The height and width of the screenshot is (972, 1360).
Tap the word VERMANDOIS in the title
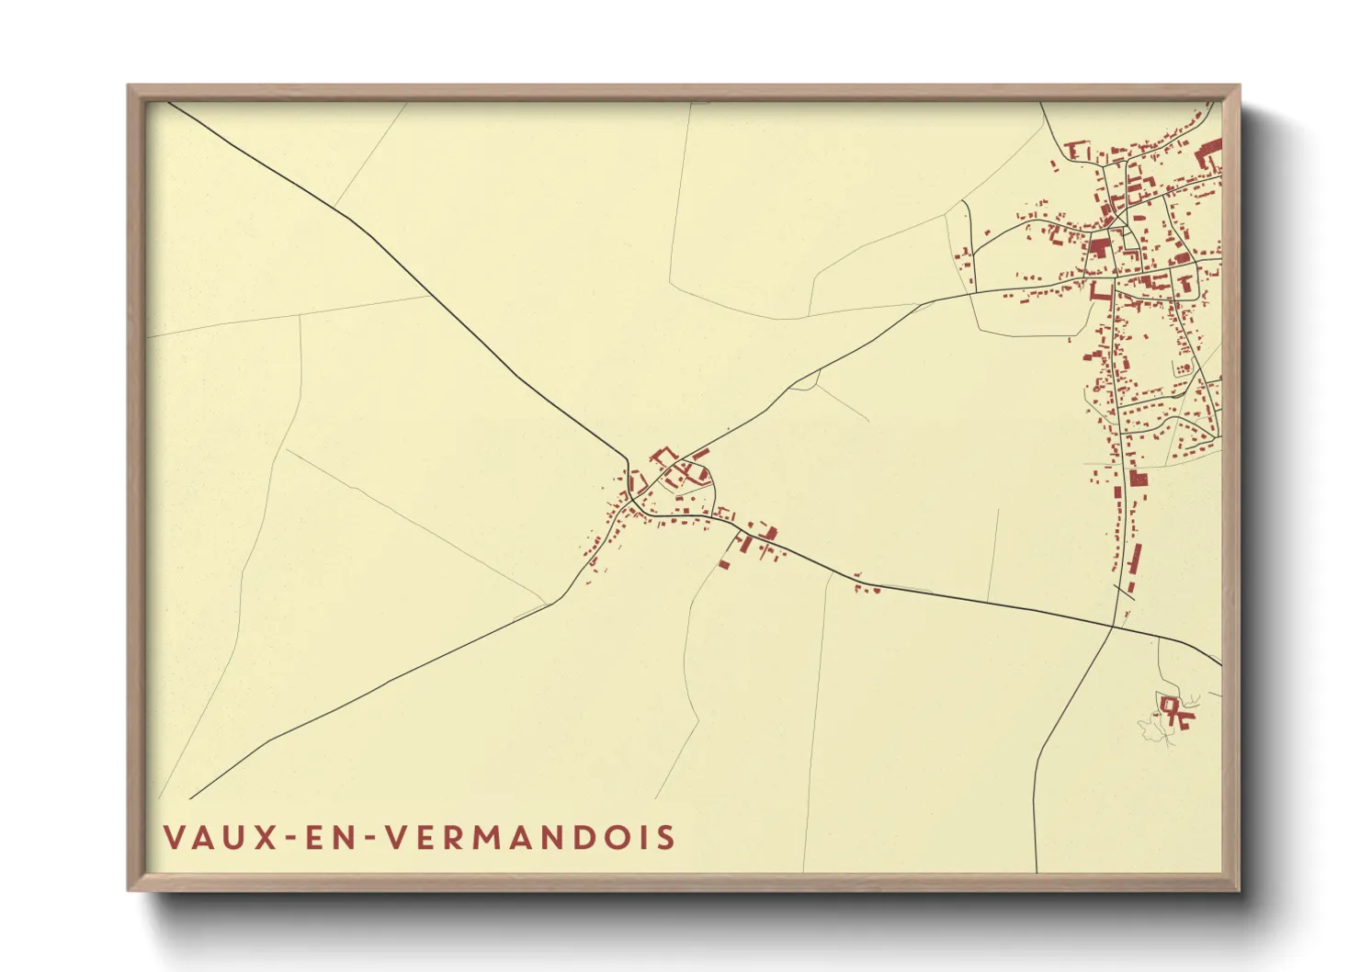click(529, 838)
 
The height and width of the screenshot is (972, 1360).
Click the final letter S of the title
click(667, 838)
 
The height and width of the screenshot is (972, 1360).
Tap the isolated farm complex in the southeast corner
click(1174, 711)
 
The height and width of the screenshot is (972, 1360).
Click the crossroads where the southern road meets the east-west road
click(1114, 627)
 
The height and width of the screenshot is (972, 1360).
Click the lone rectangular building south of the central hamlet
click(724, 563)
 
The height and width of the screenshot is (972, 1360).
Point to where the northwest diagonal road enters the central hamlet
click(629, 460)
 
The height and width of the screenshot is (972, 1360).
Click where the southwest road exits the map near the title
click(191, 797)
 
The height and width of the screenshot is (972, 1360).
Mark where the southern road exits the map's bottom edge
click(1037, 871)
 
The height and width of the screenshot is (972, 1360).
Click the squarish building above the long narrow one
click(1139, 479)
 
